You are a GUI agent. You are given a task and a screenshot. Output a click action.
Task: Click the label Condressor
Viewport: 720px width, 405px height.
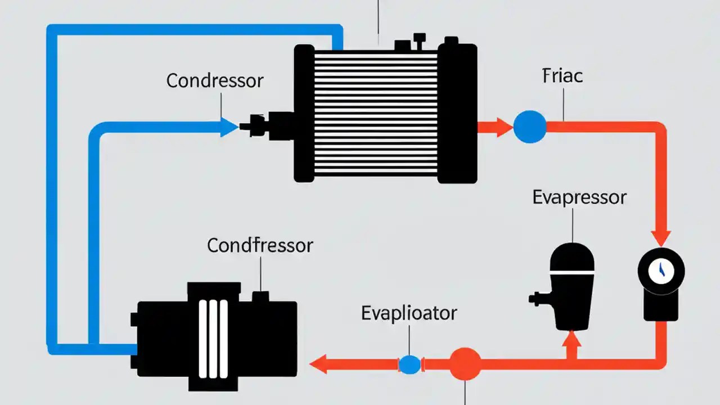point(214,81)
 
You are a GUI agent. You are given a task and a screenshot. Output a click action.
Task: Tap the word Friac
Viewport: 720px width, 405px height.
point(562,76)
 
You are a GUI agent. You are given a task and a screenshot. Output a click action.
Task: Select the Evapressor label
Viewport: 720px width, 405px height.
point(579,197)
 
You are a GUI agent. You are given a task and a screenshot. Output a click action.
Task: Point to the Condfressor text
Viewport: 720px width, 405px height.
point(260,245)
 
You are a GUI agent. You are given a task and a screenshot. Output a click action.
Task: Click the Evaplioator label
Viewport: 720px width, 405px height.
point(409,313)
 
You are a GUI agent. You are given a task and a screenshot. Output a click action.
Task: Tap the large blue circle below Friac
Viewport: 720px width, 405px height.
point(529,126)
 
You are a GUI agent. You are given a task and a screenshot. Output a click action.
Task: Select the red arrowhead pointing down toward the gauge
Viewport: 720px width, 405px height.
point(660,236)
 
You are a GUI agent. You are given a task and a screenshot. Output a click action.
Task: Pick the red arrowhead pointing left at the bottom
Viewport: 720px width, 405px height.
point(319,364)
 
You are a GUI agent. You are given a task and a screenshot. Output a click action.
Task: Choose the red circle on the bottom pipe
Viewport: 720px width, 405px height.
point(465,364)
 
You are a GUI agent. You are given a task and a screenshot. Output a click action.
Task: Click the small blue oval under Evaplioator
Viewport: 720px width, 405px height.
point(409,364)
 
